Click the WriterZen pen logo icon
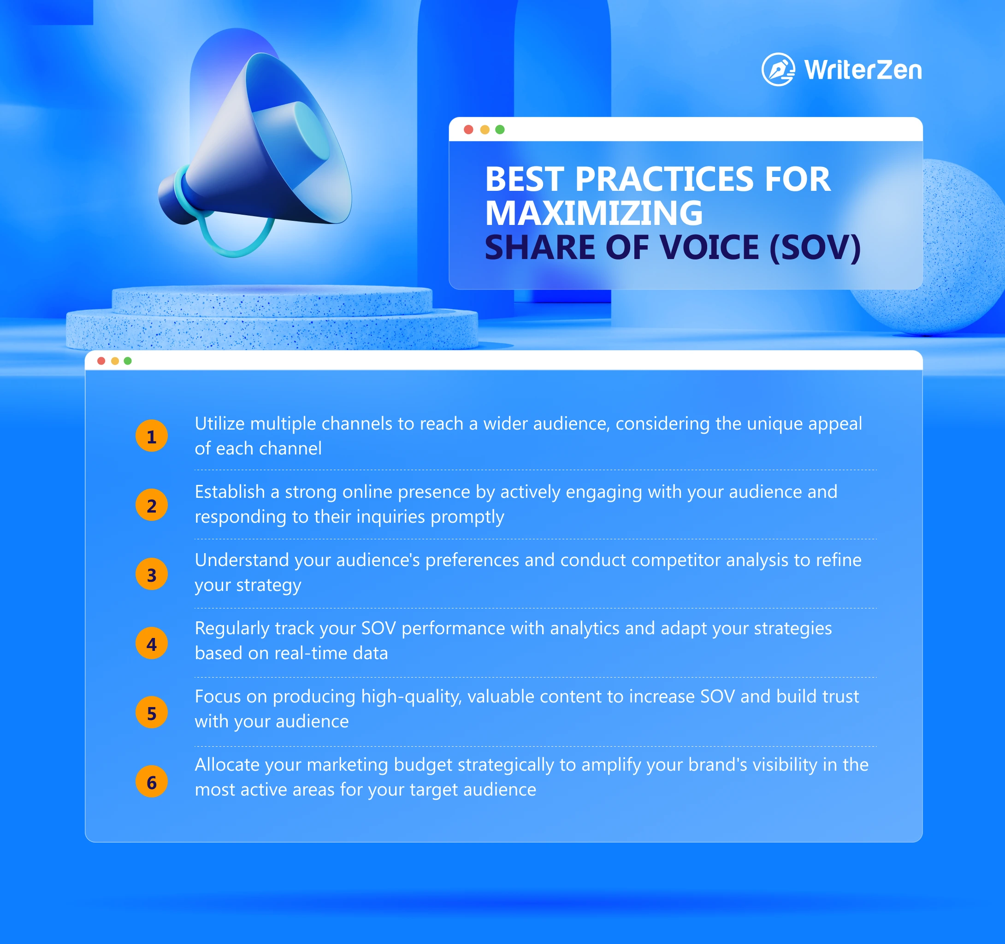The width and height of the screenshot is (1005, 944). pos(778,69)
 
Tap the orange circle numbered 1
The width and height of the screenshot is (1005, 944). pos(152,436)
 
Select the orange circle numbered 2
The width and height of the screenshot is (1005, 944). pos(152,505)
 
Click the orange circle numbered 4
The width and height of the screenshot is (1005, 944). pos(152,644)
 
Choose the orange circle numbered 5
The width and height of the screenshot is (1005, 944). pos(152,713)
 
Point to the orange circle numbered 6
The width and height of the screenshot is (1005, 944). pos(152,782)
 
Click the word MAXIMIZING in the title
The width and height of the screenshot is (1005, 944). pos(594,213)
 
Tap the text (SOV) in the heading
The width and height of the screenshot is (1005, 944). pos(815,248)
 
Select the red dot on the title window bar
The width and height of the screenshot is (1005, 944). pos(469,130)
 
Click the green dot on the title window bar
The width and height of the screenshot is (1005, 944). pos(500,130)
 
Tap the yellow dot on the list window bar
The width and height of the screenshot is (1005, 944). pos(115,361)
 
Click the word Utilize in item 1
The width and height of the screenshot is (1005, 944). pos(219,424)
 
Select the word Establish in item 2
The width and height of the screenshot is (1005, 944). pos(230,492)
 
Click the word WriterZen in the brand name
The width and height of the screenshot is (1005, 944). pos(863,70)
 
